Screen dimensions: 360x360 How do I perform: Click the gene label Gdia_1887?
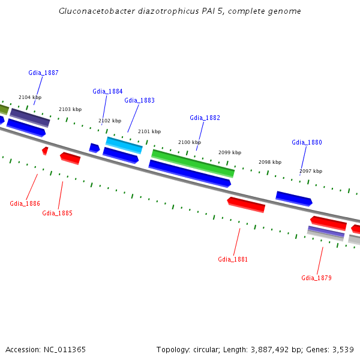(x=43, y=73)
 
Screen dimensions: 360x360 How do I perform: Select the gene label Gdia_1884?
(x=107, y=91)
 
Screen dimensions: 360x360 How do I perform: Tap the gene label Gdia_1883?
(x=139, y=100)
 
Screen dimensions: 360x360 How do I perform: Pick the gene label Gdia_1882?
(x=205, y=118)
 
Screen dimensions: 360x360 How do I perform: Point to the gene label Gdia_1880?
(x=307, y=142)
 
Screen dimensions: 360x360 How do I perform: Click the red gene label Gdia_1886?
(x=25, y=203)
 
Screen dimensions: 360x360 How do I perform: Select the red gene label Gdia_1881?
(x=233, y=259)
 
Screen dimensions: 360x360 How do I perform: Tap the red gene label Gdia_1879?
(x=316, y=278)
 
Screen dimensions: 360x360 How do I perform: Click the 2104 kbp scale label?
(x=30, y=97)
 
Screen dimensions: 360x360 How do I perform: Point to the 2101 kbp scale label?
(x=149, y=131)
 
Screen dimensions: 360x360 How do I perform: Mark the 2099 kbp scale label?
(x=230, y=152)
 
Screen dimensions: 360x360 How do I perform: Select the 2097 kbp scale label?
(x=311, y=171)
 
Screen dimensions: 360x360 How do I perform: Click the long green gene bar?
(x=193, y=163)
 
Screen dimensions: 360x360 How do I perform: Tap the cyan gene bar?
(x=124, y=145)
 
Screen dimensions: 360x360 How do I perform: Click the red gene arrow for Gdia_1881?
(x=246, y=204)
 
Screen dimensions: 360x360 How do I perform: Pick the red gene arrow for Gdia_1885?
(x=70, y=158)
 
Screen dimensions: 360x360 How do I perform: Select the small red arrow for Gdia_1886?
(x=45, y=151)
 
